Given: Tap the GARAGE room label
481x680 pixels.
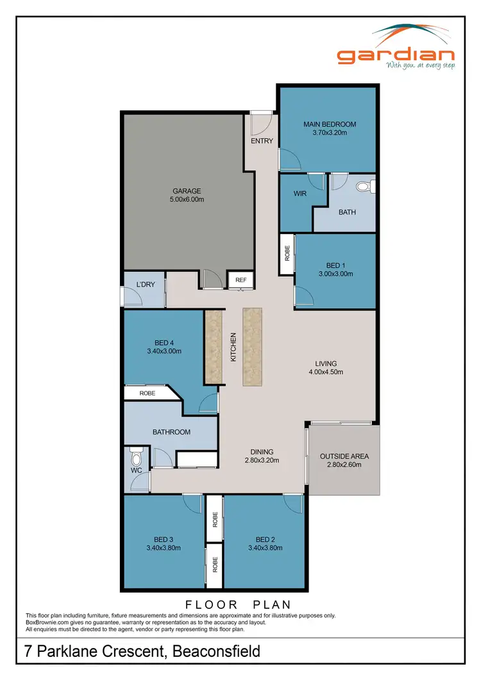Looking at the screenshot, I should pyautogui.click(x=187, y=190).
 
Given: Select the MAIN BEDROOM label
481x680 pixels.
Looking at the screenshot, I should pyautogui.click(x=329, y=124).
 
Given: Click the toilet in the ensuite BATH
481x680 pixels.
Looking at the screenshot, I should pyautogui.click(x=364, y=187).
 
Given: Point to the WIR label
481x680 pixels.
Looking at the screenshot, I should pyautogui.click(x=300, y=194).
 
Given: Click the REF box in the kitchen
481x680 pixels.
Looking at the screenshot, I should pyautogui.click(x=241, y=280).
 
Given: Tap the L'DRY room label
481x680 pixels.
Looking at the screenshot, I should pyautogui.click(x=146, y=284).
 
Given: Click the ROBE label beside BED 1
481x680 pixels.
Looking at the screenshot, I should pyautogui.click(x=287, y=253).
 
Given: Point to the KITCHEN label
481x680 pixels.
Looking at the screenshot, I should pyautogui.click(x=233, y=347).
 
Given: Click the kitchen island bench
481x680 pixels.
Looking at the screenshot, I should pyautogui.click(x=253, y=347).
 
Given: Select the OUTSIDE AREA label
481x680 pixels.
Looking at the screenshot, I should pyautogui.click(x=344, y=456).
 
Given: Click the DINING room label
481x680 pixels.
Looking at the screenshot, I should pyautogui.click(x=260, y=451).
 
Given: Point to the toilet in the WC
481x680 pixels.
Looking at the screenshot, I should pyautogui.click(x=135, y=459).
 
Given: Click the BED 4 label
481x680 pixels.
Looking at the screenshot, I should pyautogui.click(x=164, y=342).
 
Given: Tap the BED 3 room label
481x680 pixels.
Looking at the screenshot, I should pyautogui.click(x=164, y=539).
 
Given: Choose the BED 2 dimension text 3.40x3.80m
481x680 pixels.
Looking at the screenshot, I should pyautogui.click(x=265, y=548).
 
